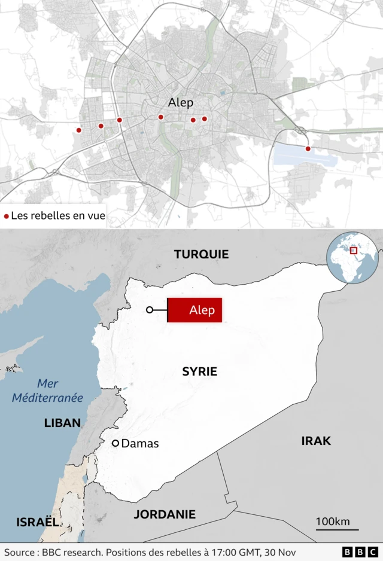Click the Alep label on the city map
pyautogui.click(x=181, y=103)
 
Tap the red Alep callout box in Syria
pyautogui.click(x=194, y=310)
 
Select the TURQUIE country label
pyautogui.click(x=201, y=254)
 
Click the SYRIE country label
pyautogui.click(x=199, y=371)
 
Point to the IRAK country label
pyautogui.click(x=316, y=441)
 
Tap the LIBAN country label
pyautogui.click(x=62, y=423)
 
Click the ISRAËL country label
pyautogui.click(x=38, y=522)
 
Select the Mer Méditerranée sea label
pyautogui.click(x=60, y=391)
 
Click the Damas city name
pyautogui.click(x=140, y=444)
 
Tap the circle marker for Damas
pyautogui.click(x=116, y=443)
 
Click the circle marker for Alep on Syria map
pyautogui.click(x=150, y=310)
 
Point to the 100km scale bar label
pyautogui.click(x=333, y=522)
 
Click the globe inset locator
pyautogui.click(x=352, y=257)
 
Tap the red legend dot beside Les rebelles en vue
pyautogui.click(x=7, y=217)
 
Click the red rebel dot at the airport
pyautogui.click(x=308, y=148)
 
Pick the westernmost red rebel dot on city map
pyautogui.click(x=78, y=130)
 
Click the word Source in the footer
pyautogui.click(x=20, y=552)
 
